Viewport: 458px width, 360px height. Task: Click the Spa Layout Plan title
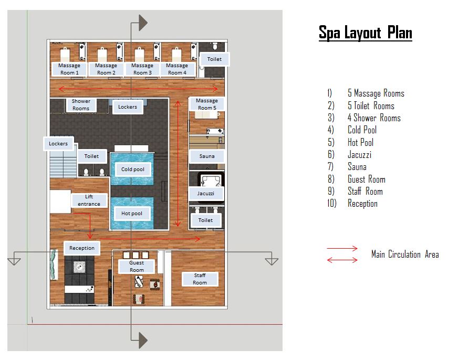point(366,33)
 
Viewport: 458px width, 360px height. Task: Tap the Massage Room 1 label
point(69,69)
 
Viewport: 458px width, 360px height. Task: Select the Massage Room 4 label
point(177,69)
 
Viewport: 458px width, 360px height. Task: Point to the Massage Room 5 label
point(207,104)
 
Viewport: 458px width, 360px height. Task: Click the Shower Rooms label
point(81,104)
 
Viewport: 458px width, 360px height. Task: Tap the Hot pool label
point(132,214)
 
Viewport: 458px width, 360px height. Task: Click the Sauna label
point(207,156)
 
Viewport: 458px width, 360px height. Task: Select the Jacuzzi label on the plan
point(206,193)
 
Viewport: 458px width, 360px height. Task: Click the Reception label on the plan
point(82,248)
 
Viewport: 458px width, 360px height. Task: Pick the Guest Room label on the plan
point(137,267)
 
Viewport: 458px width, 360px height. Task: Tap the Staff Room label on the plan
point(200,279)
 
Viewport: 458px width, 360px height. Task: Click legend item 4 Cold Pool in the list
point(362,130)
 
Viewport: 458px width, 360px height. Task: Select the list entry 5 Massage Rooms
point(376,93)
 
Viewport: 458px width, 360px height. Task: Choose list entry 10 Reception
point(362,204)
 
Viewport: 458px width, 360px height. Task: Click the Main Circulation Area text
point(405,255)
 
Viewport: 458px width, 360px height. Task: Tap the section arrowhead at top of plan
point(142,22)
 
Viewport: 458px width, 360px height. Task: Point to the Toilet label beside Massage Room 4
point(214,59)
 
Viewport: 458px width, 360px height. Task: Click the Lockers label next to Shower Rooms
point(128,107)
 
